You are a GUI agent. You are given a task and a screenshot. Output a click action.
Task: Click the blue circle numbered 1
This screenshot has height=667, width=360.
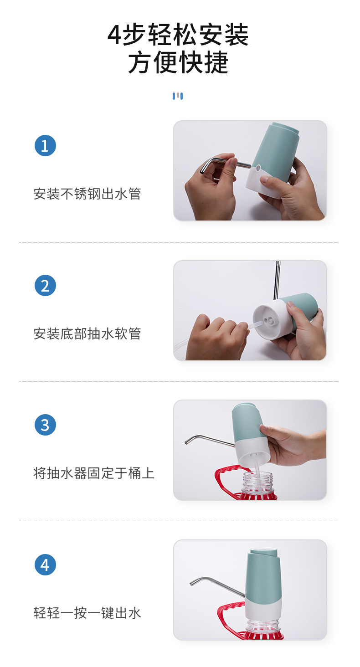click(x=45, y=146)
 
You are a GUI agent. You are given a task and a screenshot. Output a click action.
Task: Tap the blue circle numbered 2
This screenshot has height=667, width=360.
click(x=45, y=286)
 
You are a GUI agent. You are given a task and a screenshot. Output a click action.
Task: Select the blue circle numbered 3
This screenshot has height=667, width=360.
click(x=45, y=425)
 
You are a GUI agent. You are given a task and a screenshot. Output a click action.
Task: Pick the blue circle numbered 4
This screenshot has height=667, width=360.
click(x=45, y=564)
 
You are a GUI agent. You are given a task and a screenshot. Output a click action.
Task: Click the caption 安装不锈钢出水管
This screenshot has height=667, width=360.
click(x=87, y=194)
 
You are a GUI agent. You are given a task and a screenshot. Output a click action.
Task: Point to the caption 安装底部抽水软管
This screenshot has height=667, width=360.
click(x=87, y=334)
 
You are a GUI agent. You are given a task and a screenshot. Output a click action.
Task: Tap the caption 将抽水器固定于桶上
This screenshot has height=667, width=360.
click(x=94, y=473)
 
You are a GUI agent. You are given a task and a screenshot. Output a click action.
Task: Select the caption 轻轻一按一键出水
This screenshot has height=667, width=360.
click(x=87, y=613)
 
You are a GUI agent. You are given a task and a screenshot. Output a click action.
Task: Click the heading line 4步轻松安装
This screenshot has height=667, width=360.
click(x=178, y=36)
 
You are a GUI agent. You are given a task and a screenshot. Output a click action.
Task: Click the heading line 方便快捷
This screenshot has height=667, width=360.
click(x=178, y=63)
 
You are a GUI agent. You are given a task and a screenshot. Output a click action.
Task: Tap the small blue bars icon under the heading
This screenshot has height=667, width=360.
click(x=178, y=96)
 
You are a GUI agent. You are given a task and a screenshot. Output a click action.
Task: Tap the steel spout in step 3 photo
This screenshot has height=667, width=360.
click(x=207, y=439)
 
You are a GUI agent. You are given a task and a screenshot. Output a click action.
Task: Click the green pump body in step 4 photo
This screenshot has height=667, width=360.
click(x=263, y=576)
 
